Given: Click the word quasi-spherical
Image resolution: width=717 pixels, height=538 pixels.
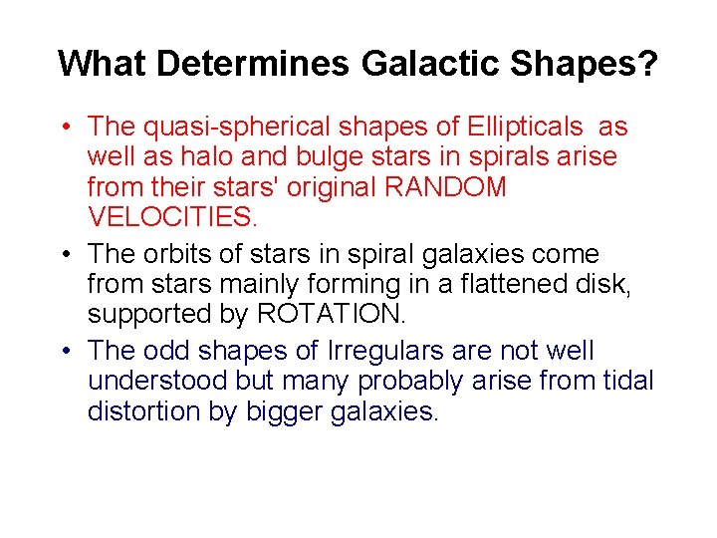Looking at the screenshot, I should point(238,128).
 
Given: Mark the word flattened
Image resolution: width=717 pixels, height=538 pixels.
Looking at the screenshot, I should point(523,284).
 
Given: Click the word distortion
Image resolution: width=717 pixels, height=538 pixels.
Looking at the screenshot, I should point(136,410).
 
